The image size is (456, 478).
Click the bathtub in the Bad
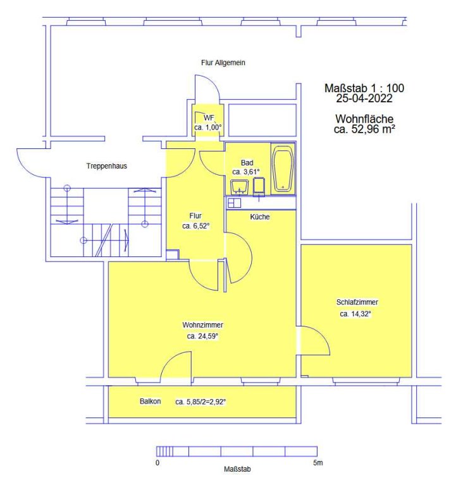point(283,169)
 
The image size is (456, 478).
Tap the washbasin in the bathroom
point(239,186)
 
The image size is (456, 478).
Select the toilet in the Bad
point(259,186)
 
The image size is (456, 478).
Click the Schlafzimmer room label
point(357,302)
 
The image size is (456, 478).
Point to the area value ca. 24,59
point(202,337)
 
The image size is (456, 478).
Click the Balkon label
point(150,401)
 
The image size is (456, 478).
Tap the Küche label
point(259,217)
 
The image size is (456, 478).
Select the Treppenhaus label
point(107,166)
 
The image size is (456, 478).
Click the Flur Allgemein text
point(223,63)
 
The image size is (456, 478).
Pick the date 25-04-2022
point(364,99)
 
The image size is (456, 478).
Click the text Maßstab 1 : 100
point(364,88)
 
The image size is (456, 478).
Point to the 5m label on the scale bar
point(317,463)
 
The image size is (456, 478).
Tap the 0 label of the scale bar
point(157,463)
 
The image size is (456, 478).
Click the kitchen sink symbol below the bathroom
point(234,203)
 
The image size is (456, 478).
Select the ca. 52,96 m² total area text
point(364,129)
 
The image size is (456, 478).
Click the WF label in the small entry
point(209,117)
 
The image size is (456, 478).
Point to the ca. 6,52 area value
point(196,226)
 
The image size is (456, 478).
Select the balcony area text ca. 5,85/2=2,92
point(200,402)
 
